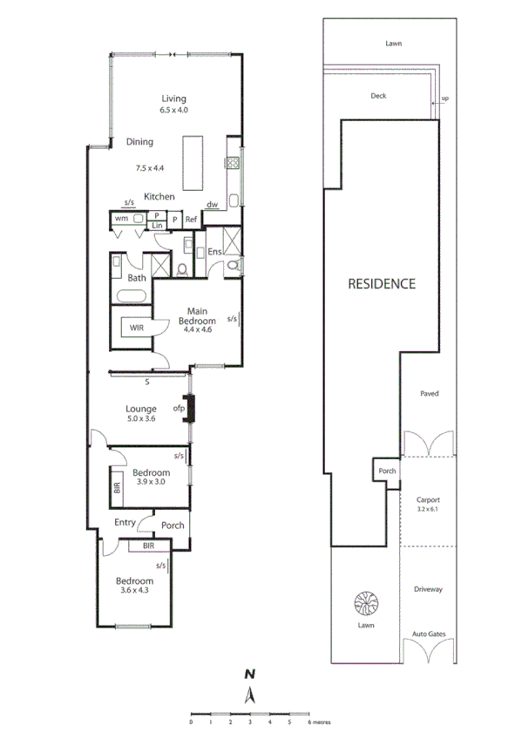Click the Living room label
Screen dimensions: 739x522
[173, 98]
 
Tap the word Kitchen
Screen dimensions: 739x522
[159, 197]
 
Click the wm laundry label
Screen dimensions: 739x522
[121, 220]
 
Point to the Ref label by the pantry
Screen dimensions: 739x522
[191, 220]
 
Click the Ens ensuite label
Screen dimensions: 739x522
[214, 253]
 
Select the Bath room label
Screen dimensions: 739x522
[137, 278]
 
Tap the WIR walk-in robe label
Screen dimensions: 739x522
[137, 329]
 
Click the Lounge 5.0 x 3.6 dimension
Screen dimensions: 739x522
[141, 420]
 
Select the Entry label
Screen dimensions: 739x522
[125, 523]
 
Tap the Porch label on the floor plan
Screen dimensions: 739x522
[173, 525]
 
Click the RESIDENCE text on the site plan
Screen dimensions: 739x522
[382, 284]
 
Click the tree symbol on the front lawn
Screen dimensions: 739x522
[364, 604]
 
